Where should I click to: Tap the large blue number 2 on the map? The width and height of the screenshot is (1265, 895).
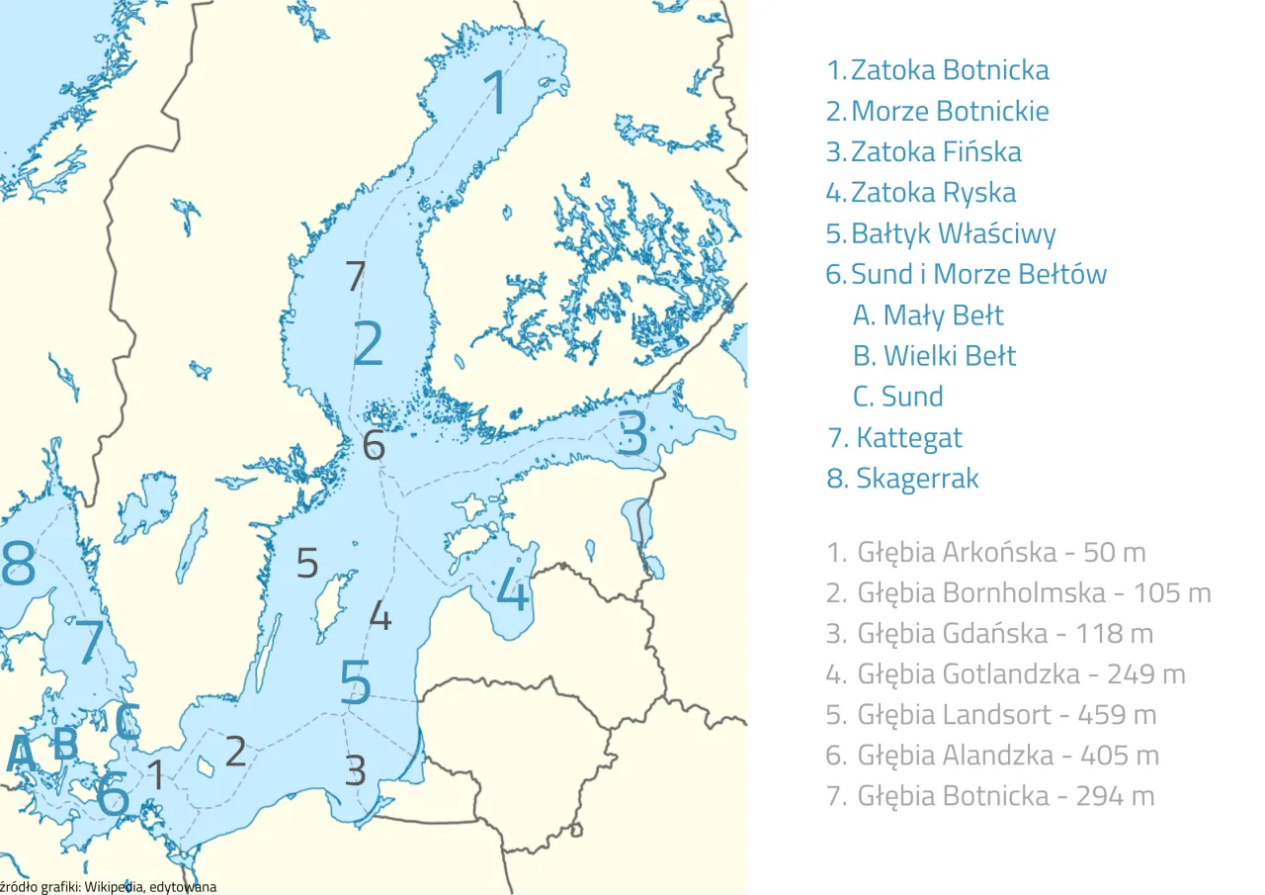click(368, 343)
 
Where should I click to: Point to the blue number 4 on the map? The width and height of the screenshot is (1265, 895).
click(512, 589)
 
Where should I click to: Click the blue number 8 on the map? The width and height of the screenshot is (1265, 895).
click(19, 567)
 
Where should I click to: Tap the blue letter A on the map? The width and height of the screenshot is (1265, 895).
click(21, 754)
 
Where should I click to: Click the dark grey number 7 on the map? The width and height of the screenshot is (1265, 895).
click(356, 277)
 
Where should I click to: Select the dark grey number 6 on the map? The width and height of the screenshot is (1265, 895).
click(373, 446)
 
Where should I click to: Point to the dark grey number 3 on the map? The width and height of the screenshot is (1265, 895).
click(356, 769)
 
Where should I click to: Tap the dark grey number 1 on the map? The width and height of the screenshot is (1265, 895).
click(156, 774)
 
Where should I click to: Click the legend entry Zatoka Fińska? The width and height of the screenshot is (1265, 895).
click(935, 151)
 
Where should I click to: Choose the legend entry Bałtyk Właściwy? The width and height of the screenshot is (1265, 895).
click(953, 233)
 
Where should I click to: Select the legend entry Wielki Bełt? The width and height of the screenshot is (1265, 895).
click(949, 355)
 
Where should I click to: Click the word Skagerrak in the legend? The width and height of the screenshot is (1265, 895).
click(917, 478)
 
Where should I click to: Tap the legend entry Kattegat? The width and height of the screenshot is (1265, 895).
click(908, 437)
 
